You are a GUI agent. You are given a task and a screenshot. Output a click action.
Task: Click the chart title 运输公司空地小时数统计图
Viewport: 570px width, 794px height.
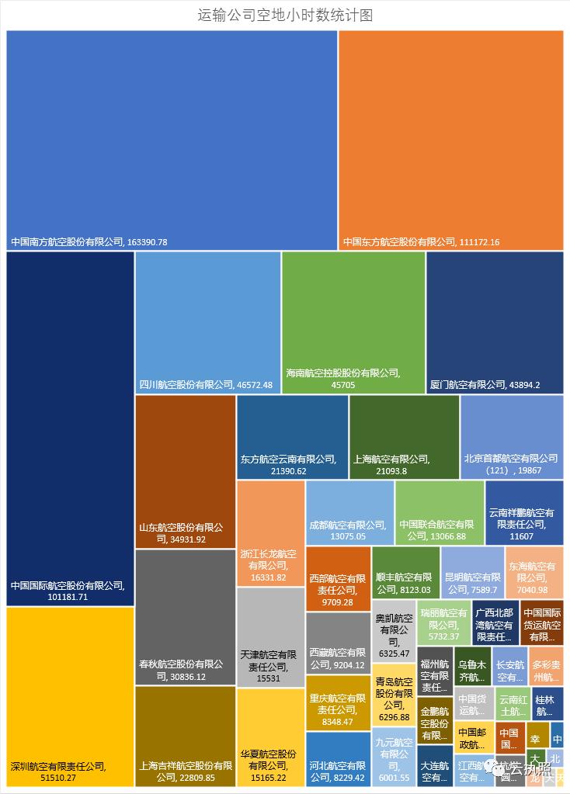click(x=285, y=15)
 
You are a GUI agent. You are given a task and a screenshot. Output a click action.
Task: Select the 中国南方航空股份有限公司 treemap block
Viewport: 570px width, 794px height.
click(x=172, y=140)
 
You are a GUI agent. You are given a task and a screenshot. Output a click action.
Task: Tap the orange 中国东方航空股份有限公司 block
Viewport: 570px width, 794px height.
click(x=450, y=140)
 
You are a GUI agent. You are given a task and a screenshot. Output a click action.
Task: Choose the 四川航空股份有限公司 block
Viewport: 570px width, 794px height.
click(x=207, y=322)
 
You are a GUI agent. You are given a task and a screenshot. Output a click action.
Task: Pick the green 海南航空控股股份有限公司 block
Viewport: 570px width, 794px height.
click(x=353, y=322)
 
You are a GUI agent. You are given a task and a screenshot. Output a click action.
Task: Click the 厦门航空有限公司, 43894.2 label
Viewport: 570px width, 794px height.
click(x=485, y=385)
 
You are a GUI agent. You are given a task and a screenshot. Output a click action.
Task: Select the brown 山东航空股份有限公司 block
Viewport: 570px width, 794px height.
click(x=185, y=471)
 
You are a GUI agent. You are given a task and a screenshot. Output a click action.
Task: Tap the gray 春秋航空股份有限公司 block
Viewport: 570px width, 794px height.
click(x=185, y=617)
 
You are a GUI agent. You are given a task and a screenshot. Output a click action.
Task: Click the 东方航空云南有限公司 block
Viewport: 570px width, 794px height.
click(x=292, y=437)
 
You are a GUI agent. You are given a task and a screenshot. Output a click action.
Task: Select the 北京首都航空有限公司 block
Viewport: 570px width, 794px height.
click(x=511, y=437)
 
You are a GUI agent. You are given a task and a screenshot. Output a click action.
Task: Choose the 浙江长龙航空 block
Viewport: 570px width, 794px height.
click(x=270, y=533)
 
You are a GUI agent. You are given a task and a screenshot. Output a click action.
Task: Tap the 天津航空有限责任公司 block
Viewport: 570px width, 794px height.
click(x=270, y=636)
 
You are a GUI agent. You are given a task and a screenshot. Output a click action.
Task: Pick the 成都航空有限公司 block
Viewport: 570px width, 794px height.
click(x=349, y=512)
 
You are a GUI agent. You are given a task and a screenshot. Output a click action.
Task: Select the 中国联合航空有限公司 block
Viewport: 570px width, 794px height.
click(x=439, y=512)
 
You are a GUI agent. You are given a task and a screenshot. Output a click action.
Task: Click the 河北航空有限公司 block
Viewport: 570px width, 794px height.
click(x=338, y=759)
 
